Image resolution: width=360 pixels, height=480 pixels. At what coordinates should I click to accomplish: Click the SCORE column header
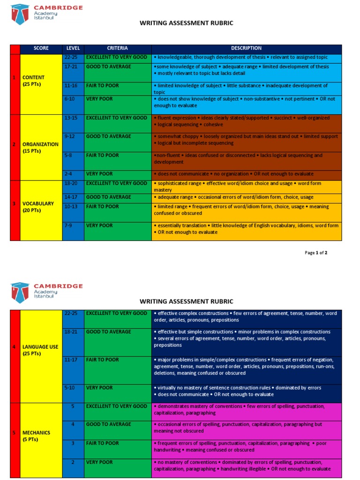coord(41,48)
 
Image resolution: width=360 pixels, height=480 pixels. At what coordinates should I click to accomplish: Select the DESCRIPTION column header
coord(247,48)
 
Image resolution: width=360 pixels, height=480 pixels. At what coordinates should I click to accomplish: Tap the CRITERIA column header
coord(117,48)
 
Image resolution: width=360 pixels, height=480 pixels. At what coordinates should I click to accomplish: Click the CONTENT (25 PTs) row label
coord(34,81)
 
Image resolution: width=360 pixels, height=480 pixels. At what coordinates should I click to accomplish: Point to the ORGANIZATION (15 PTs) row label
coord(40,148)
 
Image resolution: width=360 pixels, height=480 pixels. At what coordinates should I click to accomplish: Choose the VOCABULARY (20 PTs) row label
coord(37,207)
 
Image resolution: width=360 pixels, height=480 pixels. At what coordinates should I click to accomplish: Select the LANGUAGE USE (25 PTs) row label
coord(40,350)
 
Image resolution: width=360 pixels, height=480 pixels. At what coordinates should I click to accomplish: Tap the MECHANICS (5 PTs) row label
coord(36,436)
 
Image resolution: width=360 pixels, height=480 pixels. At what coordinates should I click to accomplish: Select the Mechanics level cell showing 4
coord(73,424)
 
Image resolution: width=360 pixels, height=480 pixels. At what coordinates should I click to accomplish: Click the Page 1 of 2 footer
coord(316,253)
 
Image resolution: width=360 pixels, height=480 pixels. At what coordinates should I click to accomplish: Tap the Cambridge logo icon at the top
coord(20,14)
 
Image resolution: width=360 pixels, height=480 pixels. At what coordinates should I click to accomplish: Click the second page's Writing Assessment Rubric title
coord(186,301)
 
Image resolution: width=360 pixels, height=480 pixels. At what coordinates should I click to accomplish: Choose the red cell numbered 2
coord(15,144)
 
